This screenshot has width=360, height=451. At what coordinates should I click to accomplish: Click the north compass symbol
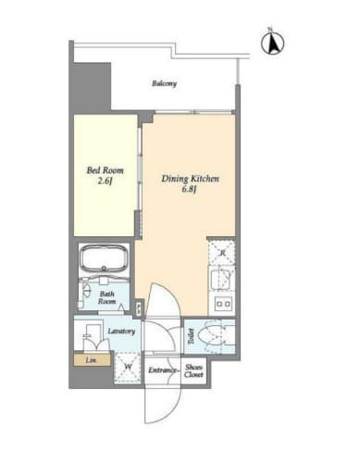[x=273, y=43]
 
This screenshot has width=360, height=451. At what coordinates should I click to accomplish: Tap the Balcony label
[x=164, y=83]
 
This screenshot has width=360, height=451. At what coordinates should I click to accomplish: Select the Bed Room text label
[x=105, y=170]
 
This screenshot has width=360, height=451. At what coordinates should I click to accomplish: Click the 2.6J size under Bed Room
[x=105, y=182]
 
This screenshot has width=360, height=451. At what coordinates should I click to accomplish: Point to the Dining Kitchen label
[x=191, y=179]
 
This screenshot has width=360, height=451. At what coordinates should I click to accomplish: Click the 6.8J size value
[x=190, y=189]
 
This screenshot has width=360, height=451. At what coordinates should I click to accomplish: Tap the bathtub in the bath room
[x=105, y=258]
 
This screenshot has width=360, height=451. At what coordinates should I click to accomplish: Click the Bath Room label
[x=106, y=297]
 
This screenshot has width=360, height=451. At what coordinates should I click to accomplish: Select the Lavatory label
[x=121, y=332]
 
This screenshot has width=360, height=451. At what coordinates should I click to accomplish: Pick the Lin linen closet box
[x=93, y=360]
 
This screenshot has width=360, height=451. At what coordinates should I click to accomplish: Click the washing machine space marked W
[x=128, y=368]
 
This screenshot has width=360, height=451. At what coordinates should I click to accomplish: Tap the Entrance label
[x=163, y=370]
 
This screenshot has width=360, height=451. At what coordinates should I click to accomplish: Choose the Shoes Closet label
[x=193, y=371]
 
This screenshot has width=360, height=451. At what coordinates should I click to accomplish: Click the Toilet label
[x=191, y=336]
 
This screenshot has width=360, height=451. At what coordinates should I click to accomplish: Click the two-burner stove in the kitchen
[x=224, y=303]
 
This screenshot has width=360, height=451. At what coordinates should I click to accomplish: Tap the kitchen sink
[x=221, y=278]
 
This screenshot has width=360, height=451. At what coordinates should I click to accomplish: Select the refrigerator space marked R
[x=221, y=253]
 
